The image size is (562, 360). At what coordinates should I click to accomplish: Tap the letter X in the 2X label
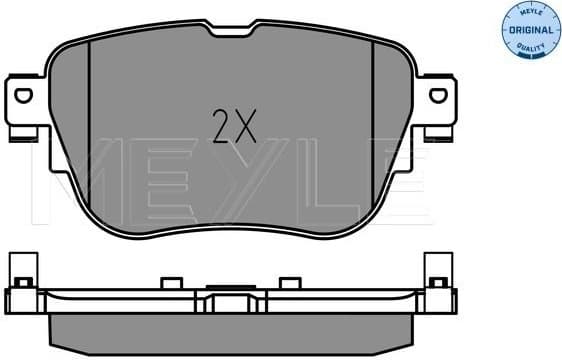click(x=247, y=126)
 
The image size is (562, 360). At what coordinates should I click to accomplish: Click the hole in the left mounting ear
click(x=24, y=95)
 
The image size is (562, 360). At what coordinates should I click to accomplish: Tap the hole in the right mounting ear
click(x=436, y=95)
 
